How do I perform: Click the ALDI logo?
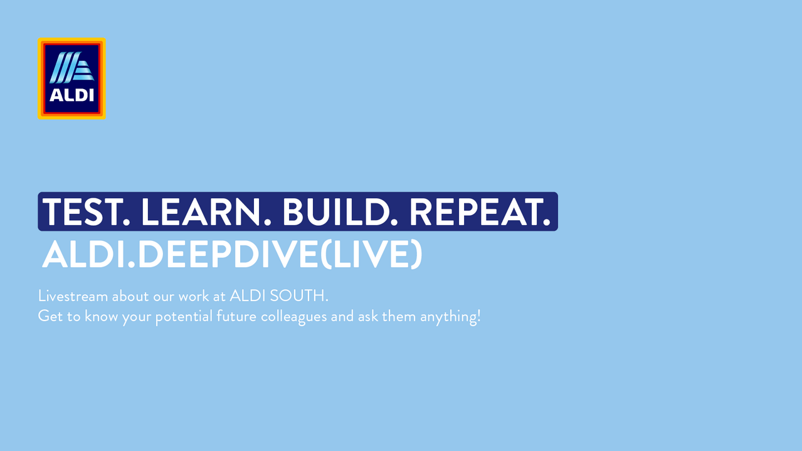tap(71, 78)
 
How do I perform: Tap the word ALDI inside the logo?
tap(71, 95)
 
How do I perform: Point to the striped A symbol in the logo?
tap(71, 67)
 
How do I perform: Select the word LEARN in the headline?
tap(206, 212)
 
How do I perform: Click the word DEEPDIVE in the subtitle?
tap(228, 254)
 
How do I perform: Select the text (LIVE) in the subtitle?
tap(371, 254)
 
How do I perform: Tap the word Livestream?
tap(73, 296)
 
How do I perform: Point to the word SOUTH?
tap(298, 296)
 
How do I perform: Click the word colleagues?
tap(293, 317)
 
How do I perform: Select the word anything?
tap(448, 317)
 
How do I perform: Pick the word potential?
tap(184, 317)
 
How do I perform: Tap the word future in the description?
tap(236, 316)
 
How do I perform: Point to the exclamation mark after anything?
tap(478, 316)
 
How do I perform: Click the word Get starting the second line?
tap(51, 316)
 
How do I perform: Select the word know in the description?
tap(102, 316)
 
